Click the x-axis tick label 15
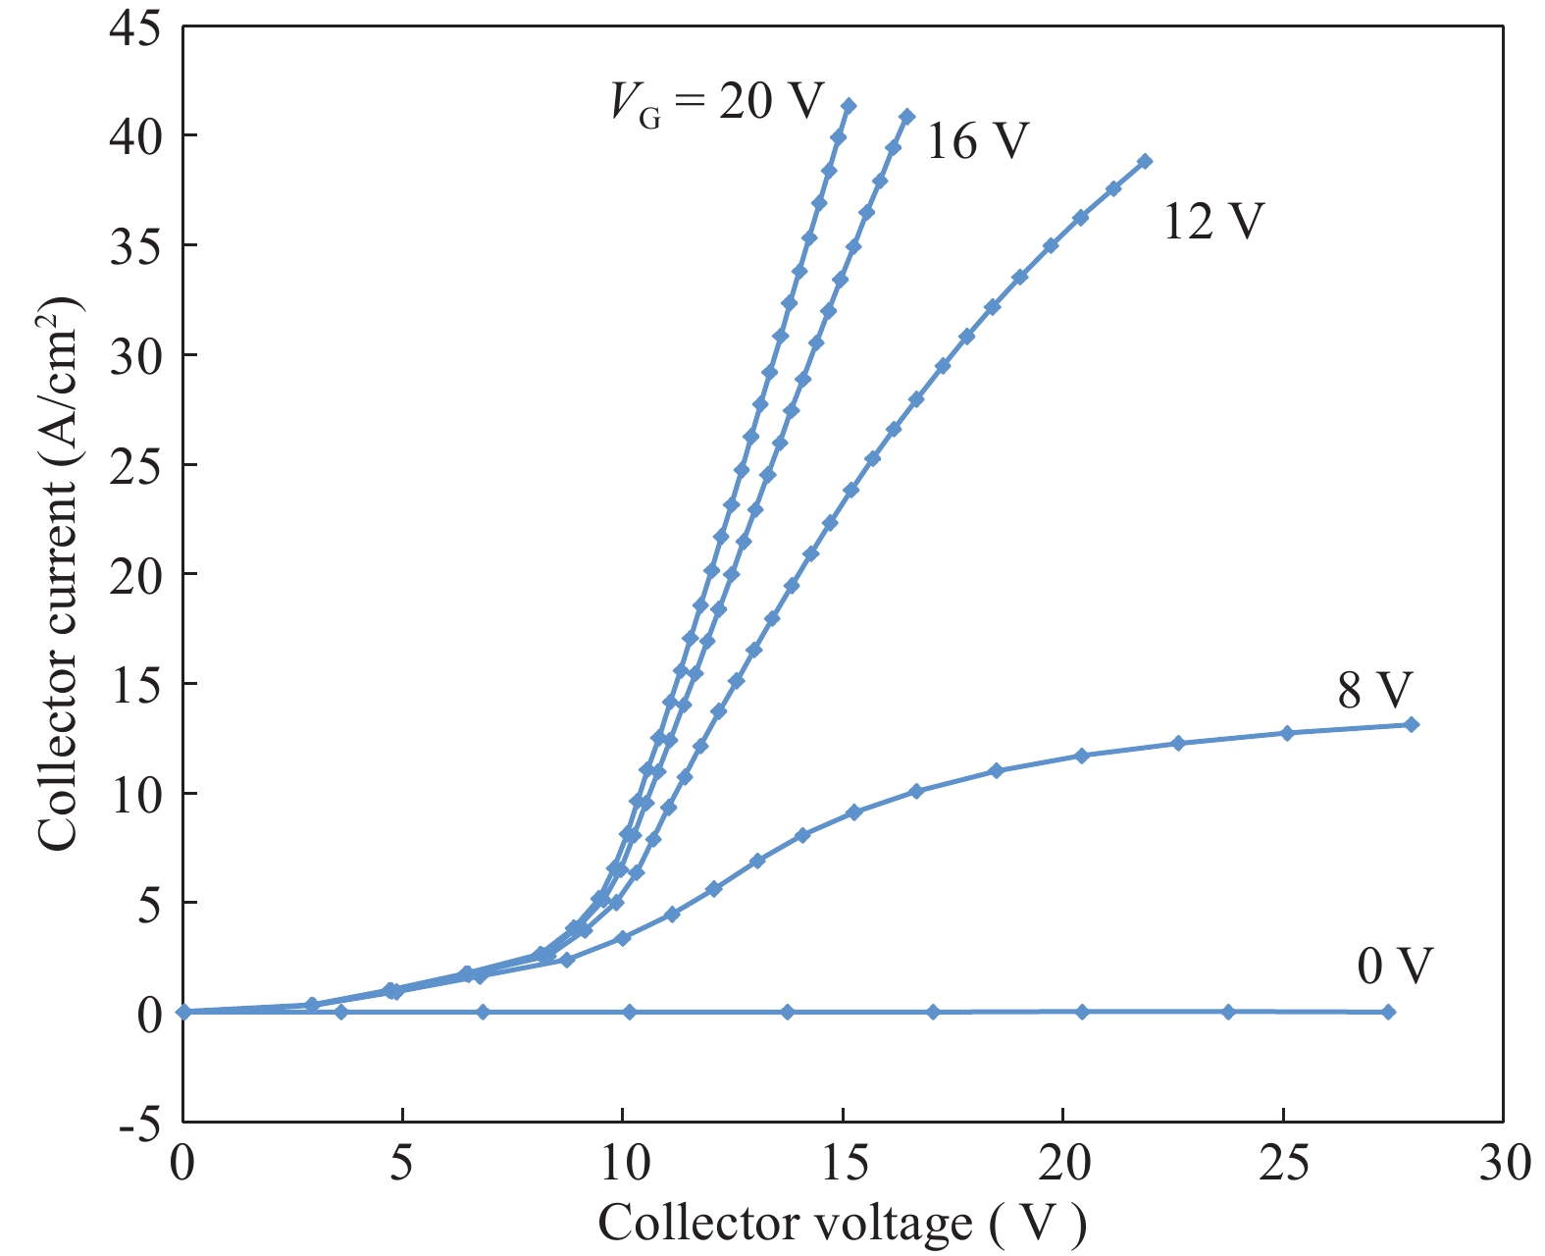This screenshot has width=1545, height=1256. [x=843, y=1165]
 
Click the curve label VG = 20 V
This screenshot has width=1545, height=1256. [x=717, y=101]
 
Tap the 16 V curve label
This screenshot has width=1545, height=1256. [x=977, y=142]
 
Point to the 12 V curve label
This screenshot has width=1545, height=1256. [x=1213, y=222]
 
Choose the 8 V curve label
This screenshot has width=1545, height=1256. [x=1374, y=691]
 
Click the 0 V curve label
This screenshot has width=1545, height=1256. [x=1394, y=967]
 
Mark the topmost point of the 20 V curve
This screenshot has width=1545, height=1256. [x=849, y=106]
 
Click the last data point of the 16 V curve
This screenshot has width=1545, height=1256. [x=907, y=117]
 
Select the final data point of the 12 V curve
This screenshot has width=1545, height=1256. [x=1145, y=161]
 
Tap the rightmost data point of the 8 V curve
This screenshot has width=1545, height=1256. [x=1412, y=724]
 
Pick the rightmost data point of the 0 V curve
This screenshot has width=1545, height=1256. [x=1388, y=1012]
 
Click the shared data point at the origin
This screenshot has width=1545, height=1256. [x=182, y=1012]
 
